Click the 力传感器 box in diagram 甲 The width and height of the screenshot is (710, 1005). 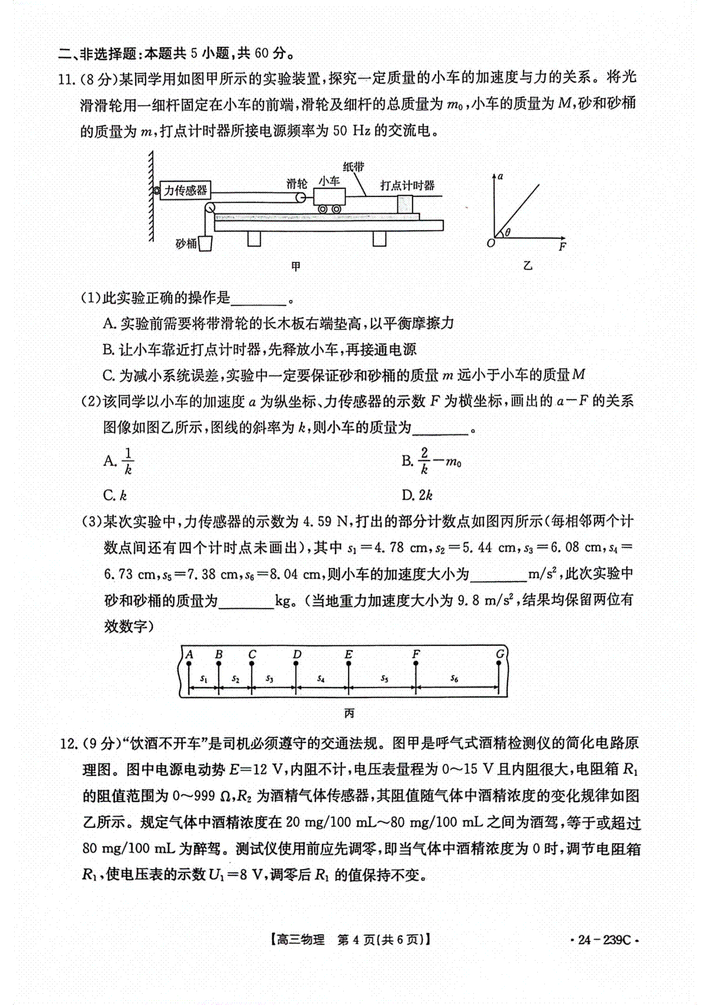185,190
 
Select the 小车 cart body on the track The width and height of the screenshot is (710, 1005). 329,196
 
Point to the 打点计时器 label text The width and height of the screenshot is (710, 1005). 408,186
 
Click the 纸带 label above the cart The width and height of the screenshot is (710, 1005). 353,167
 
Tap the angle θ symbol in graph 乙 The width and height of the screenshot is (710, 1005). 507,232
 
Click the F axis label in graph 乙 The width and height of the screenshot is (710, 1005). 562,247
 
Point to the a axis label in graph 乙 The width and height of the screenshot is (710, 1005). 501,176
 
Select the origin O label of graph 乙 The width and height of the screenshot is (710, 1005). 490,243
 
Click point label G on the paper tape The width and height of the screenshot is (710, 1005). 501,654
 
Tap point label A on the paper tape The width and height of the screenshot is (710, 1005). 189,654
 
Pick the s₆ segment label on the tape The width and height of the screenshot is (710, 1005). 454,678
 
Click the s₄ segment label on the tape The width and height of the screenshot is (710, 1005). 321,679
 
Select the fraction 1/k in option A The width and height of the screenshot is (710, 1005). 128,461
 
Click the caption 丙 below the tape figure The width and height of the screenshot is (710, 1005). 349,714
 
